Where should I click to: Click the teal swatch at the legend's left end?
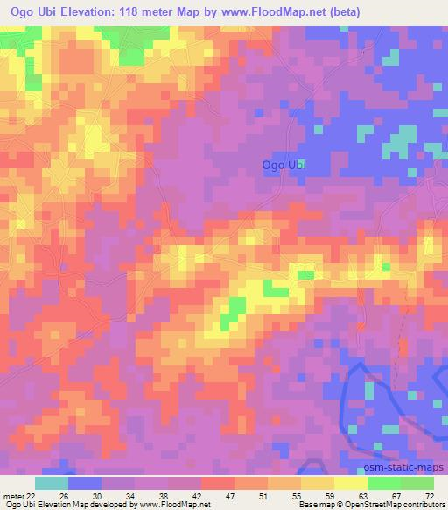(x=52, y=483)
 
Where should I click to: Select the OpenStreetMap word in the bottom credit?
(x=381, y=506)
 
